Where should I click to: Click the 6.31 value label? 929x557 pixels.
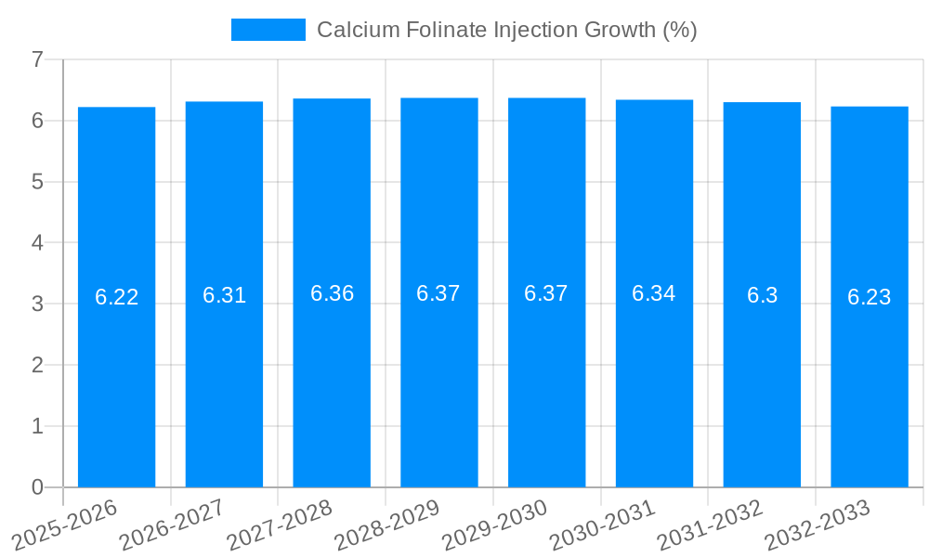point(224,295)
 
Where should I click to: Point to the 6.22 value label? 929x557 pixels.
point(116,297)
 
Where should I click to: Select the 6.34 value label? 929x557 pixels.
point(654,293)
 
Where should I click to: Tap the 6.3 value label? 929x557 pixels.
point(762,295)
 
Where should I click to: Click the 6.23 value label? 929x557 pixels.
point(870,297)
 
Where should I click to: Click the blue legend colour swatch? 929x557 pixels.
point(268,30)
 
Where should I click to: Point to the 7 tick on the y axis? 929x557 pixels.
point(37,60)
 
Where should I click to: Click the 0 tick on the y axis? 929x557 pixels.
point(37,487)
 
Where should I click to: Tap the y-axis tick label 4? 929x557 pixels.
point(37,243)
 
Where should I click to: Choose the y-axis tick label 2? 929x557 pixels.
point(37,365)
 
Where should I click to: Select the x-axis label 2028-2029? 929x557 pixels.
point(386,525)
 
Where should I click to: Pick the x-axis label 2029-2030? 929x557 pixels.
point(494,525)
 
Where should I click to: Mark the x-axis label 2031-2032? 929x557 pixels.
point(710,525)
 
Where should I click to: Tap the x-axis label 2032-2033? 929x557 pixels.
point(818,525)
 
